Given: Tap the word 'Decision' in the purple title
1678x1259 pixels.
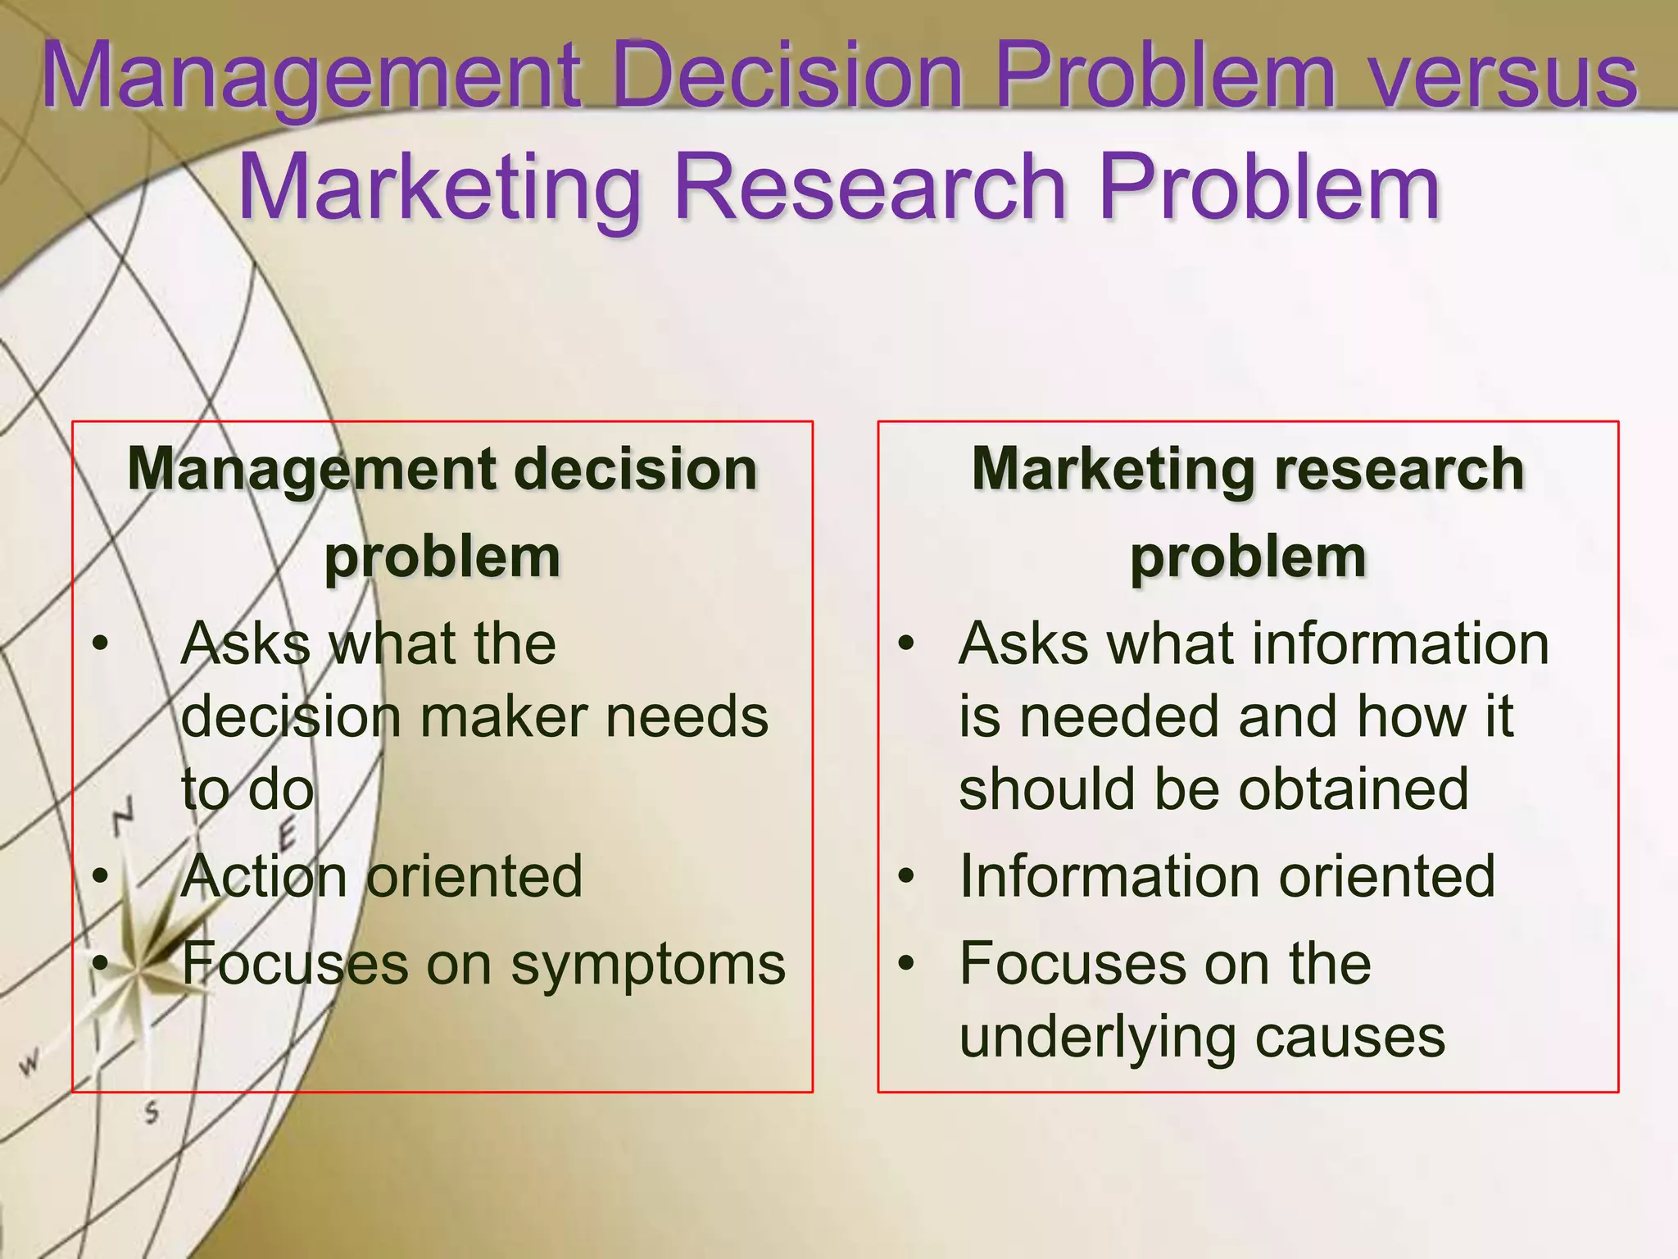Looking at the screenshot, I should (787, 78).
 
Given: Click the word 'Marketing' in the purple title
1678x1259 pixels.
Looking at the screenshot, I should (439, 190).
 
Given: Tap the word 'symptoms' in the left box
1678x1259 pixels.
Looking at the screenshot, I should (648, 965).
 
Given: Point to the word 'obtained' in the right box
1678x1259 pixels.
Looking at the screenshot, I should (1353, 789).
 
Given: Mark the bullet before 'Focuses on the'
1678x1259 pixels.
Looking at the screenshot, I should (905, 964).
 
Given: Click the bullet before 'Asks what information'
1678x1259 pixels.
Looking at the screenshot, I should (905, 644).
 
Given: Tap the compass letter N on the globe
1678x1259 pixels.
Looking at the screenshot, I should (123, 816).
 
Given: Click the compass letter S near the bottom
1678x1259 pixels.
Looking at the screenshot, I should (152, 1113).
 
